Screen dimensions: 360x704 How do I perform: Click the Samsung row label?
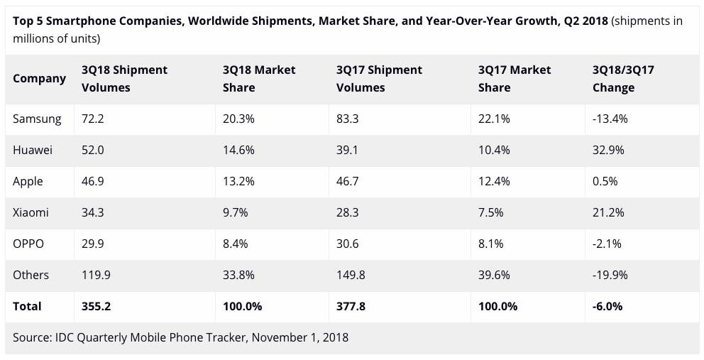37,119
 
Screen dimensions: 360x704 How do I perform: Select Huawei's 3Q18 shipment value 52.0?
94,150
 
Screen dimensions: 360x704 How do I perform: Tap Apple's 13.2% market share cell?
239,181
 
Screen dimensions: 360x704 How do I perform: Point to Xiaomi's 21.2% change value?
607,212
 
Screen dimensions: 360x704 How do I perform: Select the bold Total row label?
27,306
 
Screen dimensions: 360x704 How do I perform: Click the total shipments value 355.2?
97,306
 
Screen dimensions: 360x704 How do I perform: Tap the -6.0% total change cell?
607,306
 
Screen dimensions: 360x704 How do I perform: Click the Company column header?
39,78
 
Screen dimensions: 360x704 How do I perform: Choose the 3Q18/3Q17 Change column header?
623,78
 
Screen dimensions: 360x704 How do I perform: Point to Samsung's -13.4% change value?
610,119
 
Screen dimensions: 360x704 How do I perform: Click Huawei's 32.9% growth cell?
607,150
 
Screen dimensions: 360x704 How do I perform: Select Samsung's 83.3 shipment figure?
348,119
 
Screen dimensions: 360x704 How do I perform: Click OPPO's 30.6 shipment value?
348,244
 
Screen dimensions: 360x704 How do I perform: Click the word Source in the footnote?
32,337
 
